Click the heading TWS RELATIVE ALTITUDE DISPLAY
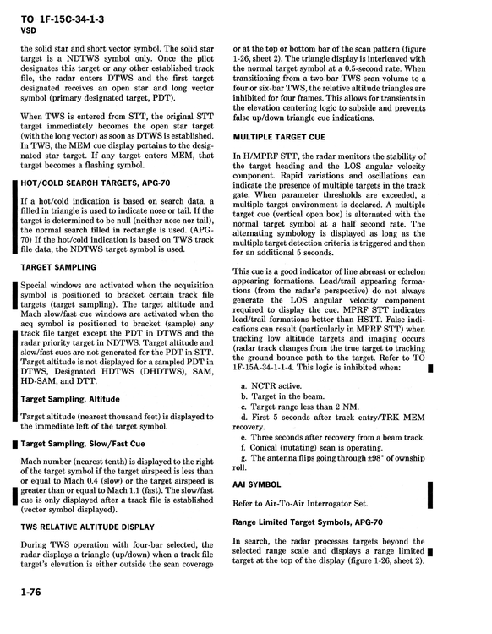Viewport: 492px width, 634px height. (x=88, y=526)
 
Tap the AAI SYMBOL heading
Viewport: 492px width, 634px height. (x=257, y=485)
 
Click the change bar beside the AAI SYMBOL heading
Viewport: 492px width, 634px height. (x=431, y=493)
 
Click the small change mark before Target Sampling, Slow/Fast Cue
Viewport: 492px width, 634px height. (x=15, y=444)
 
